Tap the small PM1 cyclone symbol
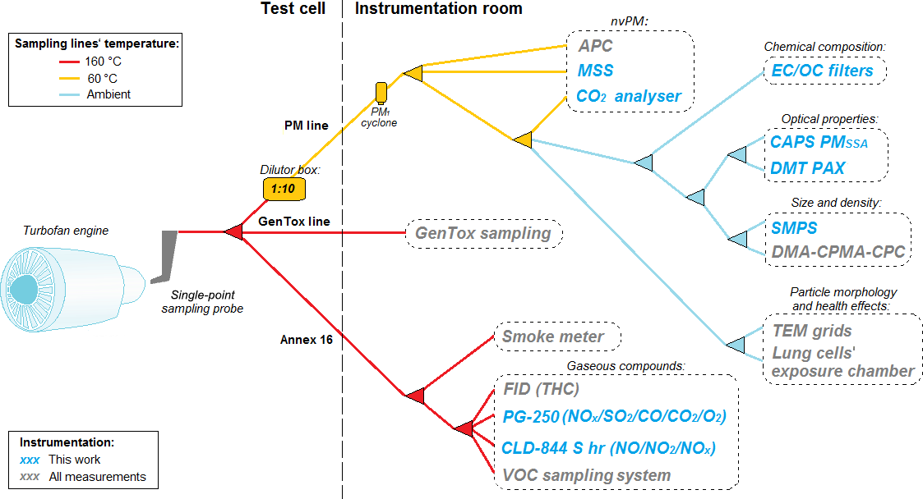[381, 92]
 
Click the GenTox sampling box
[483, 233]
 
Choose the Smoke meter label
[553, 336]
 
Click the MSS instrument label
[595, 71]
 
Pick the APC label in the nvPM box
[595, 47]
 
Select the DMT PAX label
[808, 168]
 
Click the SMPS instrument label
[794, 227]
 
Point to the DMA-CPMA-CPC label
[838, 252]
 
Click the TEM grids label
[812, 331]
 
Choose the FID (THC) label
[542, 389]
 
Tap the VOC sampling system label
[586, 475]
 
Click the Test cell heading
[293, 9]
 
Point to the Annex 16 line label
[307, 339]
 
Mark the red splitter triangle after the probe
[233, 233]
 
